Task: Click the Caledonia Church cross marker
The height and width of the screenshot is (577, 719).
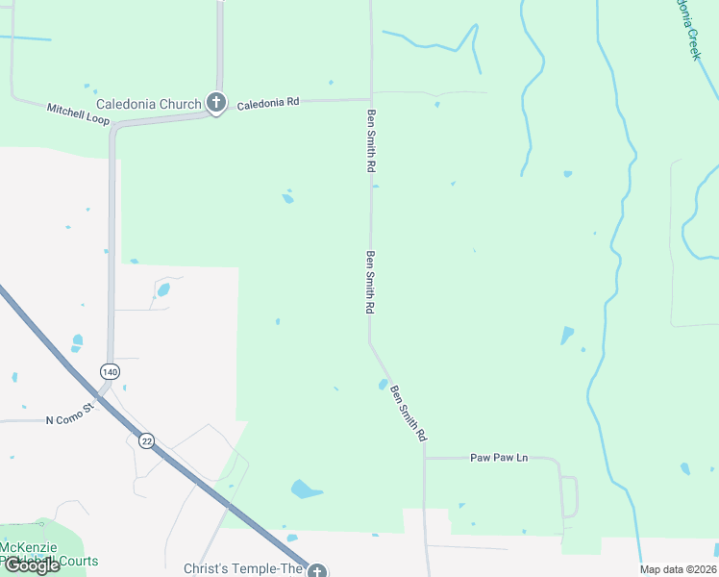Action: [x=216, y=103]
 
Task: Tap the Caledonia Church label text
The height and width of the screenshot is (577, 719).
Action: [x=148, y=104]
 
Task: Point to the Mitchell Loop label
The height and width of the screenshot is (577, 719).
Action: [x=79, y=113]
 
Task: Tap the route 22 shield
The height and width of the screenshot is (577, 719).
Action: [x=146, y=440]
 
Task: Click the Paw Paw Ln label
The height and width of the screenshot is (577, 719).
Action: [x=499, y=458]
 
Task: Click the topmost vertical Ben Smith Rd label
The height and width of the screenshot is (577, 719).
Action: [x=371, y=140]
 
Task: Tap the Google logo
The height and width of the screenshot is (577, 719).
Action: [x=32, y=564]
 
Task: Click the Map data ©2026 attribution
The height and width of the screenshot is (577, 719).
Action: [x=678, y=569]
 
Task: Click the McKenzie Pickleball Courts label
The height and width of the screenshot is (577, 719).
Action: [x=48, y=555]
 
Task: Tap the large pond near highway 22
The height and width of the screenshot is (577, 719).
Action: [x=306, y=489]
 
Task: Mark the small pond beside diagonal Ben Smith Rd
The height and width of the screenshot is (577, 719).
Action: [x=383, y=386]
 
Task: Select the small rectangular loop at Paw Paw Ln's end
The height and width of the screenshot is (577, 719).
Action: [x=569, y=496]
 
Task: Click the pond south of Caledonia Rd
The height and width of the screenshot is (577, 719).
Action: [x=287, y=198]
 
